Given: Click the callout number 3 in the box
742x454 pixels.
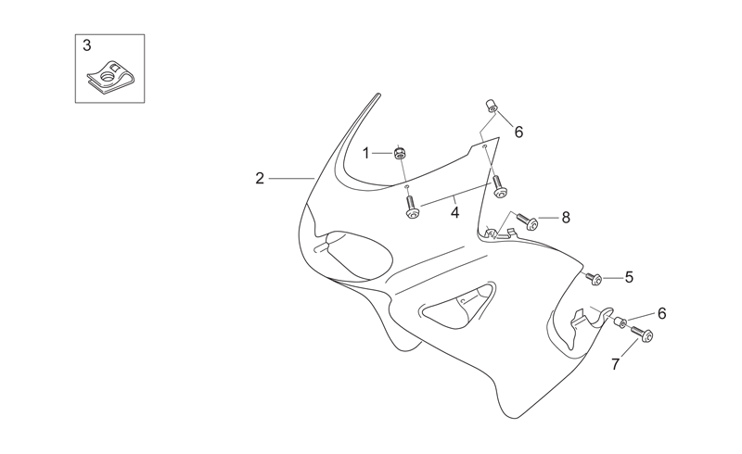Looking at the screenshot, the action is (x=87, y=46).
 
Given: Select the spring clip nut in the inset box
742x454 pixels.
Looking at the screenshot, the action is (x=110, y=76).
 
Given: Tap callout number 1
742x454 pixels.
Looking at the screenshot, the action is (x=365, y=153).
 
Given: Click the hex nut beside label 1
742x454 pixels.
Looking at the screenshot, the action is (x=401, y=153).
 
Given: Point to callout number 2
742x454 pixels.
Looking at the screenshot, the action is (x=260, y=178).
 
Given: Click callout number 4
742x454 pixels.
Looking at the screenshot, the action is (x=454, y=213).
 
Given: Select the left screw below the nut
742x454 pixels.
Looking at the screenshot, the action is (x=411, y=208).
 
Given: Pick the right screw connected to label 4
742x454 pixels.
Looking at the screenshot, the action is (x=500, y=186).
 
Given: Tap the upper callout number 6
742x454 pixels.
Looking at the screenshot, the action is (x=518, y=132).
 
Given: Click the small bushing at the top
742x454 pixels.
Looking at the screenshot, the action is (x=492, y=106).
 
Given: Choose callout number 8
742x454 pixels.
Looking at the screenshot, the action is (x=566, y=218).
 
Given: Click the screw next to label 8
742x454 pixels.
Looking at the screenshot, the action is (x=526, y=221).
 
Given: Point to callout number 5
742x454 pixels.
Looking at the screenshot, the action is (x=629, y=277).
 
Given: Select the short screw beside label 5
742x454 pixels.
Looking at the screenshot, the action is (x=595, y=279).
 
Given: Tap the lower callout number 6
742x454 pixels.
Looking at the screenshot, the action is (x=661, y=313).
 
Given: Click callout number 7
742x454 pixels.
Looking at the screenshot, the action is (x=615, y=364).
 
